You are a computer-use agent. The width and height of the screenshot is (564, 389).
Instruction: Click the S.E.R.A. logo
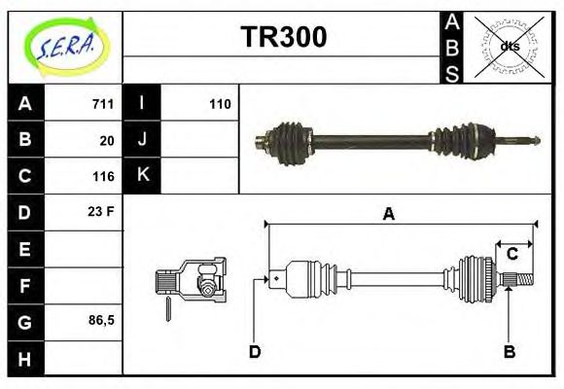tap(65, 47)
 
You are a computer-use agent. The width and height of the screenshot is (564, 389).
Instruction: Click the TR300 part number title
tap(283, 38)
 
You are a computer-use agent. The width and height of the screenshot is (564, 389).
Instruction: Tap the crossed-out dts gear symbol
tap(510, 46)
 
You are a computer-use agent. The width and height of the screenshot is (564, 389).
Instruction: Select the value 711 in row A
tap(103, 104)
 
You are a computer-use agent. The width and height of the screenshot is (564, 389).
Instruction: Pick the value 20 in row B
tap(107, 140)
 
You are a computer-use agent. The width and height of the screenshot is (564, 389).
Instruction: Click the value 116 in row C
tap(103, 176)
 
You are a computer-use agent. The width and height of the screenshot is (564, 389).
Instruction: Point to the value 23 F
tap(102, 211)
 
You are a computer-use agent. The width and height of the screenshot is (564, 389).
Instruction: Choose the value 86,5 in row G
tap(101, 320)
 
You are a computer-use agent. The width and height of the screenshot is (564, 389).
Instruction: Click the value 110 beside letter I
tap(220, 104)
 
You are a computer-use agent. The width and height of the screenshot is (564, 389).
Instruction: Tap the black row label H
tap(25, 358)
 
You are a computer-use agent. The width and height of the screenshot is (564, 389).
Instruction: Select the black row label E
tap(25, 249)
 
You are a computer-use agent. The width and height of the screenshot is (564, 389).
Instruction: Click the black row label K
tap(143, 176)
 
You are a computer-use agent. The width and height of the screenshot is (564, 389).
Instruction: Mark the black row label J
tap(143, 140)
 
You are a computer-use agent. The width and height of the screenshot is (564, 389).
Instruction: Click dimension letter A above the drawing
tap(388, 214)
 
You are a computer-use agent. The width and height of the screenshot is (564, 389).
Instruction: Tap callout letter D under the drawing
tap(255, 351)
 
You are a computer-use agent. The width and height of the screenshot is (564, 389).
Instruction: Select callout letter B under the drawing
tap(509, 351)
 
